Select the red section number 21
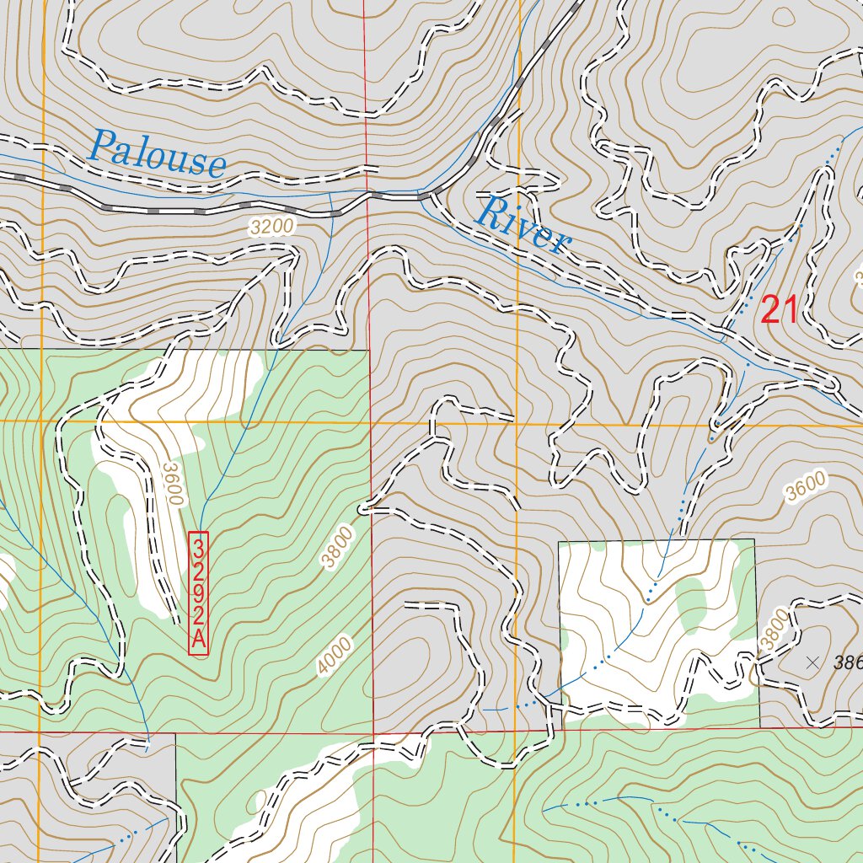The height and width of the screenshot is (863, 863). [x=778, y=310]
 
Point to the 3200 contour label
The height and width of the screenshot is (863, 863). [x=271, y=226]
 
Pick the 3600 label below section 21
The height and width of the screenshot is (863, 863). [x=804, y=488]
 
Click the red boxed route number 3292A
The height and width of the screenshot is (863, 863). [x=198, y=592]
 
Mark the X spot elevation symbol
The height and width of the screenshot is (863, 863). [x=812, y=663]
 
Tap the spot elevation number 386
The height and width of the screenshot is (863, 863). [x=847, y=663]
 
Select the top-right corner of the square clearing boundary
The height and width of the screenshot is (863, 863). [x=754, y=539]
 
